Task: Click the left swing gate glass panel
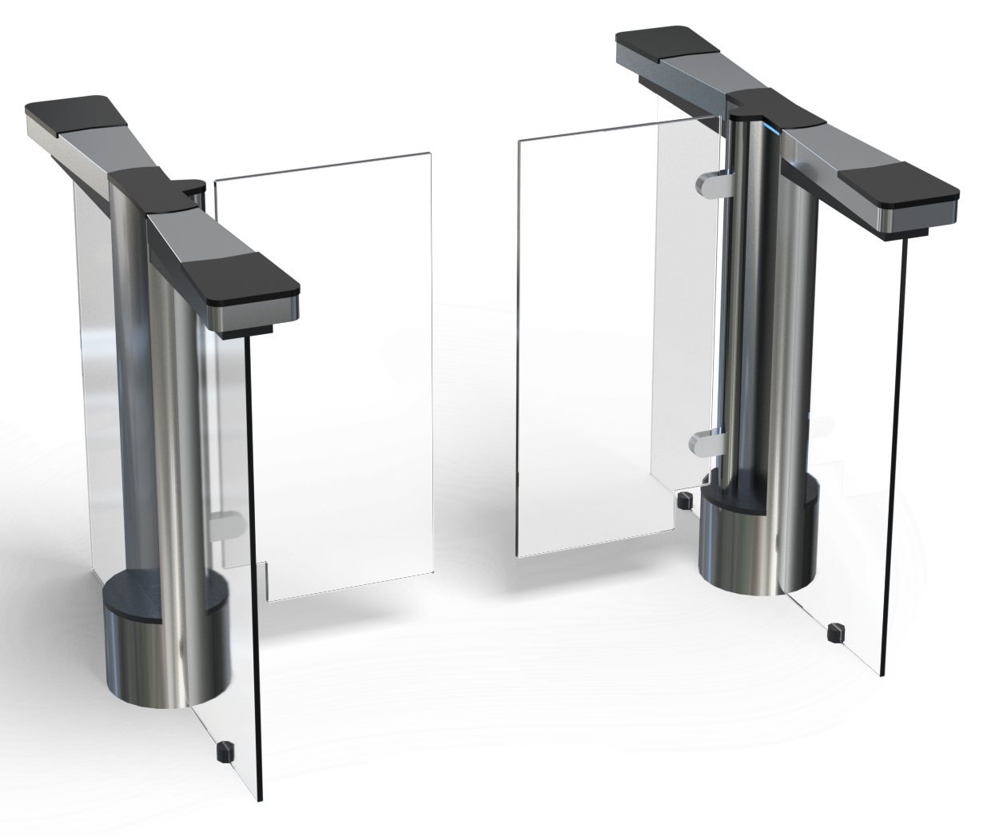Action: (x=324, y=376)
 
